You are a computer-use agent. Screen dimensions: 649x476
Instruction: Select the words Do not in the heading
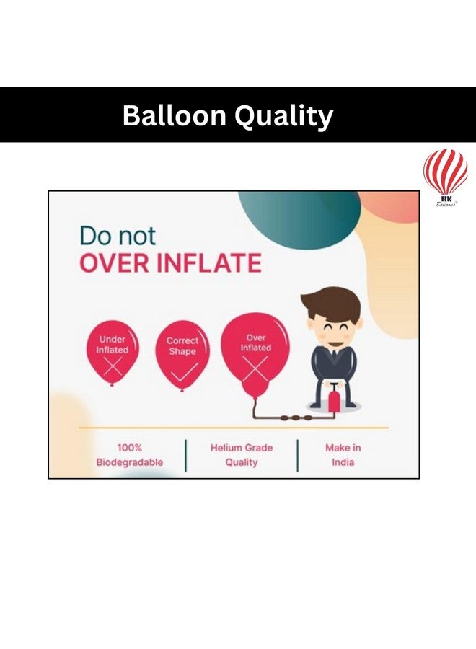point(117,236)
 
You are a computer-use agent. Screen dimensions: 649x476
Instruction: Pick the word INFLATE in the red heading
point(208,263)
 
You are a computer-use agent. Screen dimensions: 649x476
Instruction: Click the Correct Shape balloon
point(182,353)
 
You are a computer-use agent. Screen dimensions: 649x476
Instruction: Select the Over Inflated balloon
point(255,350)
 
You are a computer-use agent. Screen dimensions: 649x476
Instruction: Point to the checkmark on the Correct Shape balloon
point(182,372)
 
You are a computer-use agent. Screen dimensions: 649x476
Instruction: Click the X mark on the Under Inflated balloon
point(113,368)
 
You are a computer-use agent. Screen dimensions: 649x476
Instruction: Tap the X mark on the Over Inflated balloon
point(255,368)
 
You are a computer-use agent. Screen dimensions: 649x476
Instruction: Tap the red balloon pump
point(334,398)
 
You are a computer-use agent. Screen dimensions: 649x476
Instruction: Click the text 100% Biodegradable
point(130,455)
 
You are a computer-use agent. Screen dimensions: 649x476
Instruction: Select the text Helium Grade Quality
point(242,455)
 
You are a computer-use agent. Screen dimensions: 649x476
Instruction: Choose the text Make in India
point(343,455)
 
